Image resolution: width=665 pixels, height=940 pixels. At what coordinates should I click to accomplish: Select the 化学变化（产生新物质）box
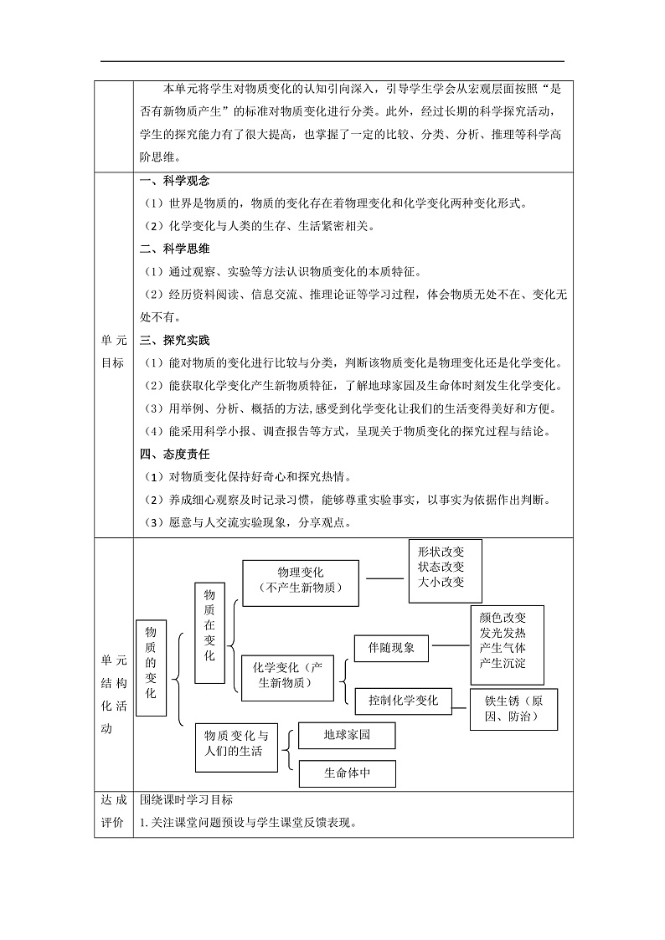click(286, 675)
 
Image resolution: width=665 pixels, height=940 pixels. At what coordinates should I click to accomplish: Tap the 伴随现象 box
click(392, 648)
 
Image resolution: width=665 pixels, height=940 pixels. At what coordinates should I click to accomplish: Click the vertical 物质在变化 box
click(209, 633)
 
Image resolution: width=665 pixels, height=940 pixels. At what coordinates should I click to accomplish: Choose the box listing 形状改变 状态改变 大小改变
click(446, 571)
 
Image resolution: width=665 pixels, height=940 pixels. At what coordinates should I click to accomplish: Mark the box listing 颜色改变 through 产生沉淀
click(507, 645)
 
